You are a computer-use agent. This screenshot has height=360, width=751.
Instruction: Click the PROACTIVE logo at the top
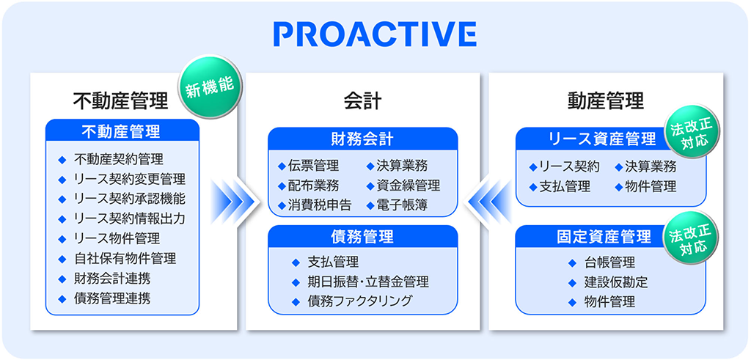(375, 34)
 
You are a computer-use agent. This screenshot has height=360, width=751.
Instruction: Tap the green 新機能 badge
(210, 87)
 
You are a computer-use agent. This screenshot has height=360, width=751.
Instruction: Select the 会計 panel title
(362, 101)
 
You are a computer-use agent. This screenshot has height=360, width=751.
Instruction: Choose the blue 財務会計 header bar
(362, 139)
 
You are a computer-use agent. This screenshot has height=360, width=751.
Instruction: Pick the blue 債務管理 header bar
(362, 237)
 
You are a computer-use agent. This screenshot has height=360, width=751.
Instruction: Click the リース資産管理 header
(602, 139)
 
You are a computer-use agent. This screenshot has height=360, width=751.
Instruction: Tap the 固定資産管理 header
(604, 237)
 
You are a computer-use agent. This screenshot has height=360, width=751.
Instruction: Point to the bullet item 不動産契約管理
(119, 159)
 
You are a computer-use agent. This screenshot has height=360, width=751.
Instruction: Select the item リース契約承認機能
(130, 199)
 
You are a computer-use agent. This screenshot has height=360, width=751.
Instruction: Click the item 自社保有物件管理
(125, 259)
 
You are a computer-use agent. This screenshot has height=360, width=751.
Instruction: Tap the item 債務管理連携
(112, 298)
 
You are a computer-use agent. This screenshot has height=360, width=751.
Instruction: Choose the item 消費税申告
(320, 205)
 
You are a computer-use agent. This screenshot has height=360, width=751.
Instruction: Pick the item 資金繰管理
(408, 185)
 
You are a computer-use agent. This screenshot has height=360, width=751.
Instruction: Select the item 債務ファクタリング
(359, 301)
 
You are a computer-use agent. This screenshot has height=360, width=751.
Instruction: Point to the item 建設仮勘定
(615, 282)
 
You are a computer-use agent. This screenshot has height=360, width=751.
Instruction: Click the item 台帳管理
(609, 262)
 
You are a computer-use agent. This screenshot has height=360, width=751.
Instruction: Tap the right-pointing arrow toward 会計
(235, 201)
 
